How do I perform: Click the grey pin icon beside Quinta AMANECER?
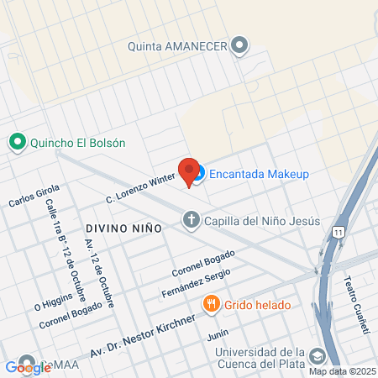point(241,45)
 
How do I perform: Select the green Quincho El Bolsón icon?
point(16,143)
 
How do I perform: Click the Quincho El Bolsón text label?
point(77,143)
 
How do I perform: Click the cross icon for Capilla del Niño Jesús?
point(191,221)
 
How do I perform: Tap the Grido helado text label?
point(257,304)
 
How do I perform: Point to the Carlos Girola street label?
point(34,196)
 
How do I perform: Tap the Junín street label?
point(218,333)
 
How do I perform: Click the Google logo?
point(28,367)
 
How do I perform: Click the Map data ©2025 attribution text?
point(341,371)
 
